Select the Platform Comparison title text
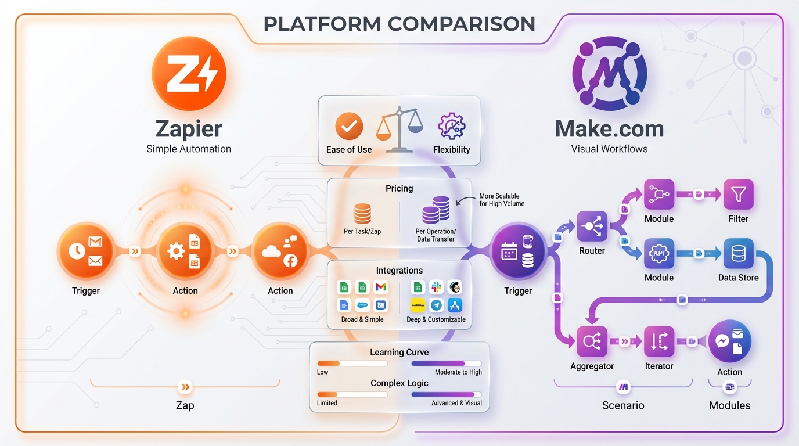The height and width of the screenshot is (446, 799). (399, 24)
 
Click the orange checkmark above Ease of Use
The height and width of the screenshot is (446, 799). (349, 126)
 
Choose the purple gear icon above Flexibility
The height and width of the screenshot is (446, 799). (451, 126)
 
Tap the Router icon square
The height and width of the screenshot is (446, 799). (592, 226)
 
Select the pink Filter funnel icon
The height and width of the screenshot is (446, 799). (738, 195)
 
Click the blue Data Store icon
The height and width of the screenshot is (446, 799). (738, 253)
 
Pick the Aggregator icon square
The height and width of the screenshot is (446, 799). (592, 341)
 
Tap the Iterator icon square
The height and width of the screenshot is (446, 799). (658, 341)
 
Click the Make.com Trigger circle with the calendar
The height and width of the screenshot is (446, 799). (518, 253)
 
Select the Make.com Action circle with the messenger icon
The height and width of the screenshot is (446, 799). (729, 341)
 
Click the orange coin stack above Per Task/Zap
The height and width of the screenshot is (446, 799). (362, 213)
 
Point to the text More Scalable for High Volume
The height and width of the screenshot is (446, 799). (501, 200)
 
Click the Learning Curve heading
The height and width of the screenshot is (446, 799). (399, 353)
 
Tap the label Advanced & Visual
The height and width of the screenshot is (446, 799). (456, 403)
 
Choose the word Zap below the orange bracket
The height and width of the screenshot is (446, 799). (185, 405)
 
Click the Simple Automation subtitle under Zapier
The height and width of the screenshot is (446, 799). (189, 149)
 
